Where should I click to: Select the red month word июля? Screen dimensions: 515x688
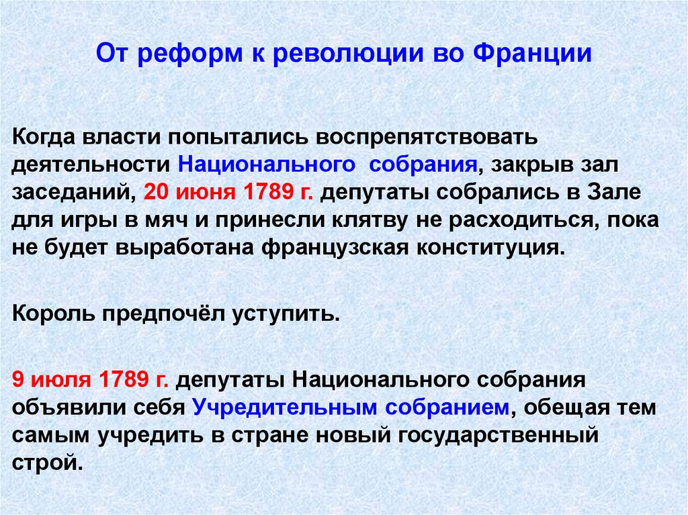[60, 379]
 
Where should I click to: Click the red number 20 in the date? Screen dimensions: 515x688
[157, 192]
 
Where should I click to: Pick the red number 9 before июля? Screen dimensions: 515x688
[18, 379]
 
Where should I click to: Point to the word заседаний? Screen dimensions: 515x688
[73, 192]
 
